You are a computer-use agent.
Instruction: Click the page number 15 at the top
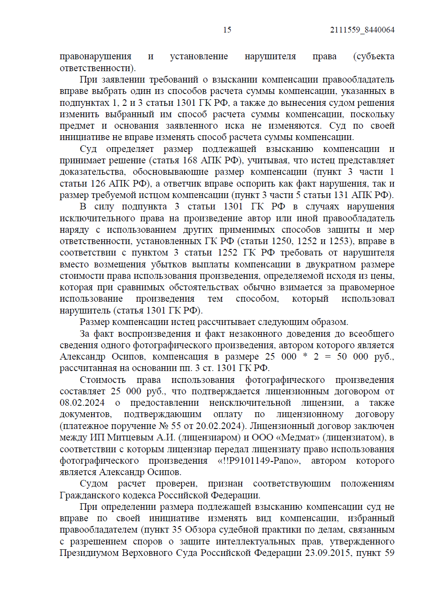[227, 30]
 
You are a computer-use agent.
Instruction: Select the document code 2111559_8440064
[362, 30]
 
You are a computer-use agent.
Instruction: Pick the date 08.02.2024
[82, 403]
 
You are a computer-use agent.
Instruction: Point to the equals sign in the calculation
[328, 357]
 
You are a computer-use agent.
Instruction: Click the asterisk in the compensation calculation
[305, 356]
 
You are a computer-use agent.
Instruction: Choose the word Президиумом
[90, 553]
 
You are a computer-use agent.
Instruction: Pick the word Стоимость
[103, 380]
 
